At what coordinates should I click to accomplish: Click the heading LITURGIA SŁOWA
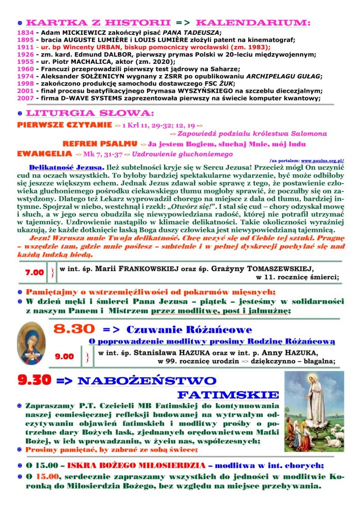(90, 113)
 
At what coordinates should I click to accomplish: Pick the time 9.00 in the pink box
(64, 356)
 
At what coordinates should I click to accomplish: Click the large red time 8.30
(74, 329)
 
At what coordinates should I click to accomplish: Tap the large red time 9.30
(34, 380)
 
